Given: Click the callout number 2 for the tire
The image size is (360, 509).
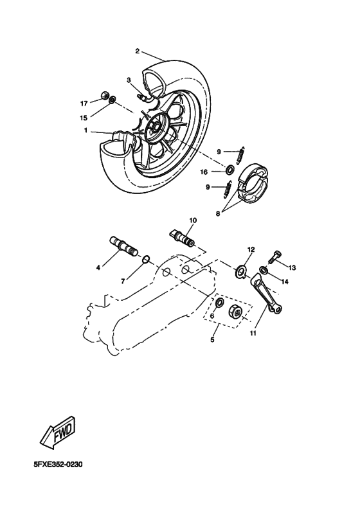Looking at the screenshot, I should (x=138, y=51).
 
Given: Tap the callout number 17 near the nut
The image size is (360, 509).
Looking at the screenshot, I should (x=84, y=103).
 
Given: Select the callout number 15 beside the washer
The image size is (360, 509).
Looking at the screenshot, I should (x=84, y=118).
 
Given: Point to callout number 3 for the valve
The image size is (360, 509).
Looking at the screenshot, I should (x=129, y=80).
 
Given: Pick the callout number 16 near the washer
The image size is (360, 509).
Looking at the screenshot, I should (x=204, y=172).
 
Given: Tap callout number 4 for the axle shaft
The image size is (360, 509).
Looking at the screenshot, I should (x=99, y=267).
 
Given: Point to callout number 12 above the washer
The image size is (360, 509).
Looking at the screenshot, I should (x=251, y=249).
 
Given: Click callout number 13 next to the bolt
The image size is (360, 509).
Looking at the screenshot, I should (x=292, y=267).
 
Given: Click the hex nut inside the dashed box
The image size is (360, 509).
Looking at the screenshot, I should (x=237, y=313).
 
